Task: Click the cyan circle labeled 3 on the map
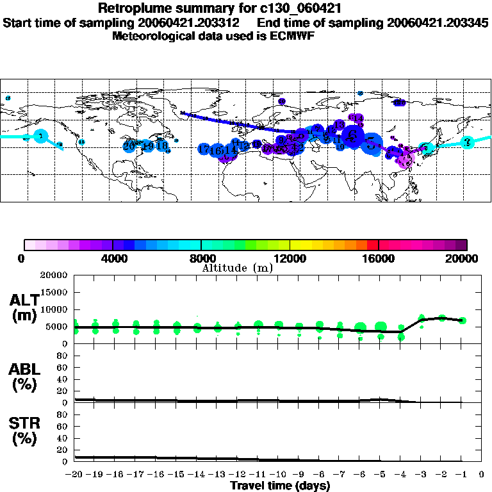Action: pos(468,142)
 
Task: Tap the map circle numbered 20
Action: pos(130,146)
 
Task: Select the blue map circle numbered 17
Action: pos(204,149)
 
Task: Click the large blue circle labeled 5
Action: pos(371,142)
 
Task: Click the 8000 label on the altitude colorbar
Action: pos(201,259)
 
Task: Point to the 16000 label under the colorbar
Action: pos(379,259)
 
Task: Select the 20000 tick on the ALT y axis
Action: pos(54,275)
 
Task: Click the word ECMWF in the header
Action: pos(293,36)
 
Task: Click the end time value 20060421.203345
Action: pos(438,23)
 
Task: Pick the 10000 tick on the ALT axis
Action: pos(54,309)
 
